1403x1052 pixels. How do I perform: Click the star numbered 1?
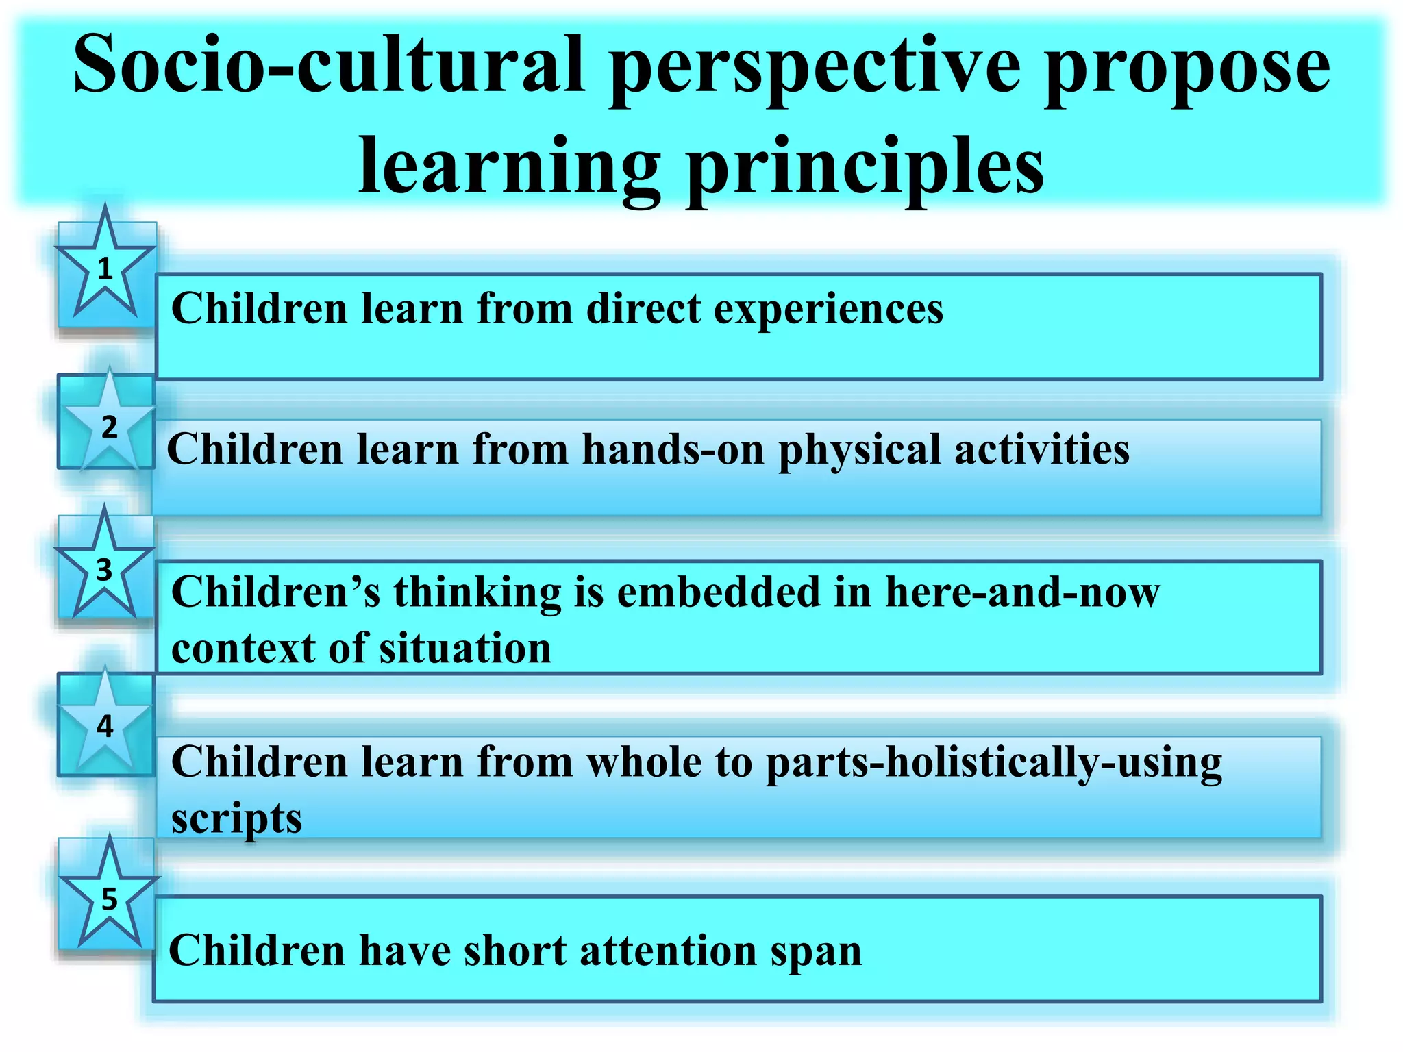coord(105,269)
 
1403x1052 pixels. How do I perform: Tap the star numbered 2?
coord(109,426)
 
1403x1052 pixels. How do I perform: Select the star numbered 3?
coord(104,569)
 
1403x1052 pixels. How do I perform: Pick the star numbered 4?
coord(105,725)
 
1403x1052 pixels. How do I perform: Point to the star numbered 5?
coord(109,899)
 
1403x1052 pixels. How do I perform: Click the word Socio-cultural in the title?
coord(329,65)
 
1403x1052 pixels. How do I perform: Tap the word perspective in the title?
coord(815,68)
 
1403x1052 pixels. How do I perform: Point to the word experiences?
coord(828,310)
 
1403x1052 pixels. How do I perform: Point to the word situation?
coord(465,648)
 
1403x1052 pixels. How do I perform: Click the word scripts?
coord(236,819)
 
